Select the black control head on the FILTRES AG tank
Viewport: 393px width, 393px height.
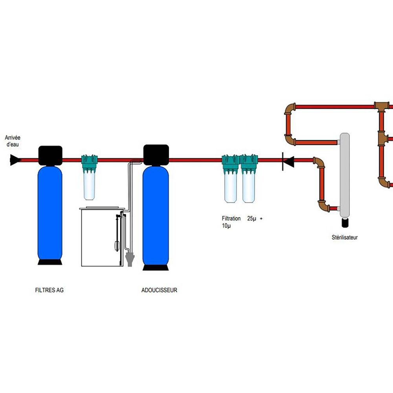click(50, 155)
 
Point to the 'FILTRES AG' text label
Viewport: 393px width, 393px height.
click(49, 290)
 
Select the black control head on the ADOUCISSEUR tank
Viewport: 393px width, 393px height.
click(156, 154)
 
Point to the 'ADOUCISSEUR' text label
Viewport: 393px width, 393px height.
click(159, 290)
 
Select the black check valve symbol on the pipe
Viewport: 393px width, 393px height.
click(288, 160)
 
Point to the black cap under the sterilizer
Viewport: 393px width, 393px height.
click(345, 223)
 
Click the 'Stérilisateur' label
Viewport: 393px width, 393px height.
click(345, 237)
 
